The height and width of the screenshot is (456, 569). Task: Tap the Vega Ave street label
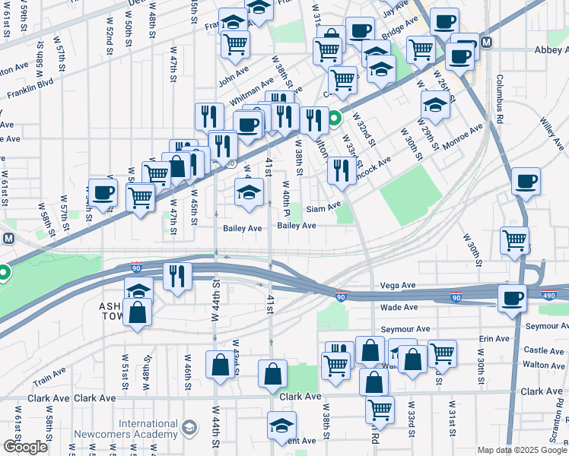click(399, 285)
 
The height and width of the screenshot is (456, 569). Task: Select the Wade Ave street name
click(399, 307)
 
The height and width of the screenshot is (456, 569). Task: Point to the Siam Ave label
click(323, 208)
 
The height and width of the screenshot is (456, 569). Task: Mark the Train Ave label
click(49, 374)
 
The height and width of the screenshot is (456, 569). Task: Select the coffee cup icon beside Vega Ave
click(513, 297)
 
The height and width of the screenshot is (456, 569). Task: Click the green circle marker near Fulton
click(335, 119)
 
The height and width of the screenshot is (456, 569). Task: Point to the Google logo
click(26, 447)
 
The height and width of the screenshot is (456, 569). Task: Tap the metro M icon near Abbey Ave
click(486, 43)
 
